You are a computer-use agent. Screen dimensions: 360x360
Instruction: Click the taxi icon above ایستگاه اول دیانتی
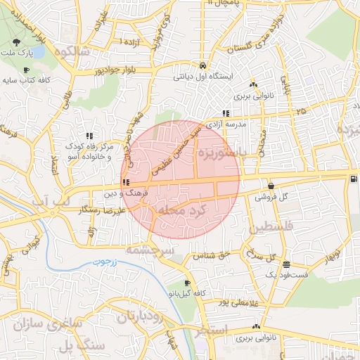coord(202,63)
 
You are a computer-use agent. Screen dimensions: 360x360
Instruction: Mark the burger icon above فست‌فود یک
coord(286,264)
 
